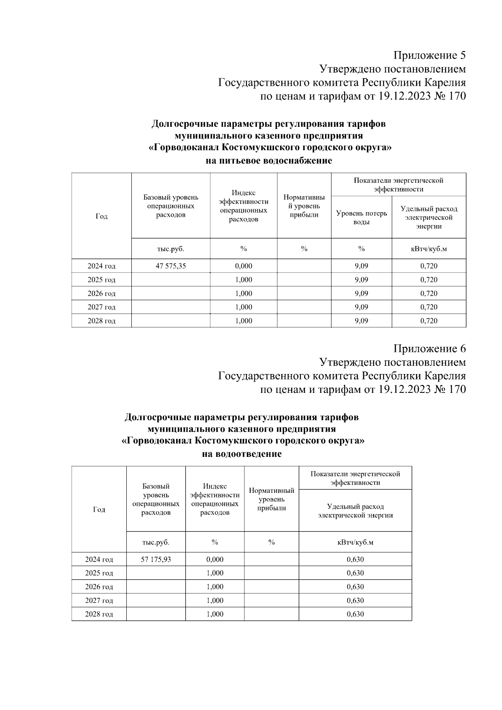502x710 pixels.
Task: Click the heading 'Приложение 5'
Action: pos(429,55)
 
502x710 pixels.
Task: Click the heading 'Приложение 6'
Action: pos(429,349)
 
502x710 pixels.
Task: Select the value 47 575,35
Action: pos(171,266)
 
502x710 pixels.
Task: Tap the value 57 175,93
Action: pos(156,559)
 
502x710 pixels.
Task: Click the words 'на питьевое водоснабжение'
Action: pos(269,161)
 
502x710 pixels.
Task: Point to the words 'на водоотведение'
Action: pos(242,454)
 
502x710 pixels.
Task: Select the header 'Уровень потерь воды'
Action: pos(361,218)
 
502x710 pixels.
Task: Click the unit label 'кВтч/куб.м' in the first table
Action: pos(429,249)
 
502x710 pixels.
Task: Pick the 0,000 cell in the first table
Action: pos(243,266)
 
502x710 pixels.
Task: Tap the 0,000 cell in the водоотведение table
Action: pos(215,559)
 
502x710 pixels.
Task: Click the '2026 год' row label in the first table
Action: pos(101,293)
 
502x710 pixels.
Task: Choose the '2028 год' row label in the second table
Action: pos(99,614)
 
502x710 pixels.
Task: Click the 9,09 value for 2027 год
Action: pos(361,307)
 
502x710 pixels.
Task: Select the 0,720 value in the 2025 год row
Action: pos(429,279)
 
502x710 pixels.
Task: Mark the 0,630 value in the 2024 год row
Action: pos(355,559)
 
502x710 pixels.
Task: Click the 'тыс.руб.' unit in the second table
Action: pos(156,542)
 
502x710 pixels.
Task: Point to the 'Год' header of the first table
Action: pos(101,216)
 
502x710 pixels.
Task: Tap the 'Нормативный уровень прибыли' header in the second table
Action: pos(271,499)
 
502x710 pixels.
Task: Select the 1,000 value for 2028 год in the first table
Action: pos(243,321)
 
